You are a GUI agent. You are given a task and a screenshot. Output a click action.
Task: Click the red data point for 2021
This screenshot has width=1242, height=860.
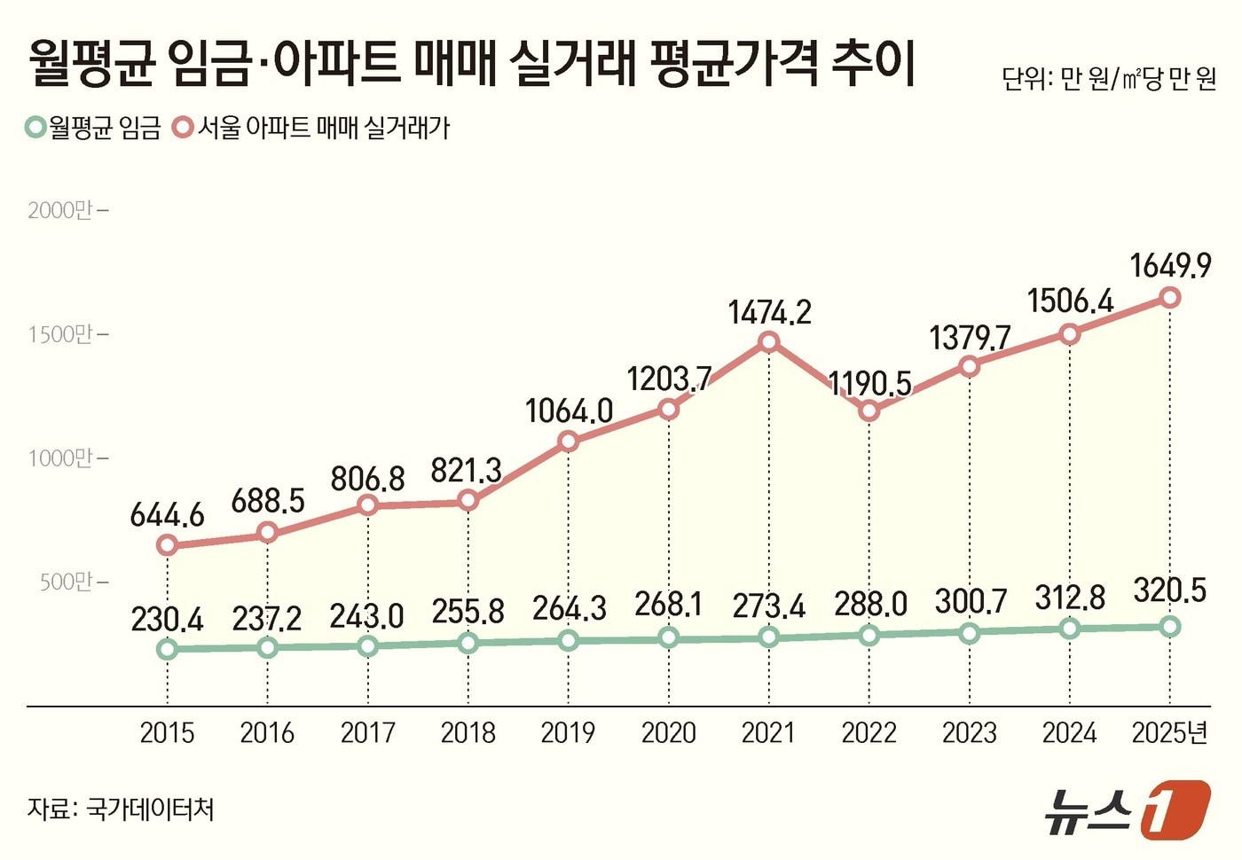[x=769, y=342]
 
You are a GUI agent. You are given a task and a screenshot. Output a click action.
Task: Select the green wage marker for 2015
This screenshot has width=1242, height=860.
[x=167, y=649]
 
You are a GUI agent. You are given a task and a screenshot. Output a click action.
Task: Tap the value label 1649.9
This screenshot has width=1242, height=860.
[x=1170, y=265]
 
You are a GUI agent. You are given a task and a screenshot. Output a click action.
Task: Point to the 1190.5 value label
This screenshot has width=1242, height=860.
[x=869, y=383]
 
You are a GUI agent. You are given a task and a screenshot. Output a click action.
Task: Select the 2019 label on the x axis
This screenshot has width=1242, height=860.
[x=568, y=732]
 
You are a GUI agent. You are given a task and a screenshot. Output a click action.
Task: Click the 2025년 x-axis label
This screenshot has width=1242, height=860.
[x=1170, y=732]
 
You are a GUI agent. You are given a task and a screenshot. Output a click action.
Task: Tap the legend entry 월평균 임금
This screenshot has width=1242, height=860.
[x=93, y=129]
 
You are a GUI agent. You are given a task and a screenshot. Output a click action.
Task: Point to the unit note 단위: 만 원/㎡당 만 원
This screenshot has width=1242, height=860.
[x=1109, y=80]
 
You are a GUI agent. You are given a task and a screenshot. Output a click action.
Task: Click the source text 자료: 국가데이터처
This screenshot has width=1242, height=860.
[x=121, y=809]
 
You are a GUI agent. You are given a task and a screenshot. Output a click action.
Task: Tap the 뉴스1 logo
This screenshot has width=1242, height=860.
[x=1126, y=809]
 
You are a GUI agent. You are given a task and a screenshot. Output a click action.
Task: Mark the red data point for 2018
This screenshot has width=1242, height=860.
[x=468, y=501]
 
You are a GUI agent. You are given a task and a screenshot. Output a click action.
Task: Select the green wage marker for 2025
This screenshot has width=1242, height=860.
[x=1170, y=626]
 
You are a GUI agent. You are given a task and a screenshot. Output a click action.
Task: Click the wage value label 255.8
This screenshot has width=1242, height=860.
[x=468, y=612]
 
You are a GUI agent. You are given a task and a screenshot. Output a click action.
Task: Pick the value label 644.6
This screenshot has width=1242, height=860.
[x=167, y=514]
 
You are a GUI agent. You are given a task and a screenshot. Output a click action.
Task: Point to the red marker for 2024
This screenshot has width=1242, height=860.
[x=1070, y=333]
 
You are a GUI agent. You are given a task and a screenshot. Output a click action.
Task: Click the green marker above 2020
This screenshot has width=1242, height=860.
[x=669, y=637]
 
